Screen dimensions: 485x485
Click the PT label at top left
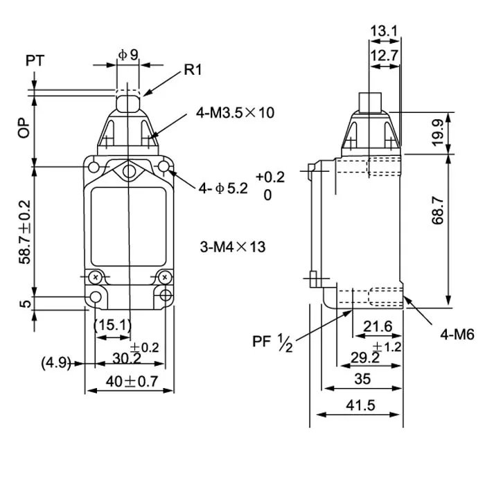tap(35, 61)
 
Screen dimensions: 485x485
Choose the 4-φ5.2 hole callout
tap(222, 188)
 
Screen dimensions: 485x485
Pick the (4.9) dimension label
tap(56, 362)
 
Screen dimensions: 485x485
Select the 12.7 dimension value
tap(384, 55)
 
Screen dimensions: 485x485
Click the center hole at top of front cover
tap(128, 171)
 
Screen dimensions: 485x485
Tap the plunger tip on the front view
tap(127, 103)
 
